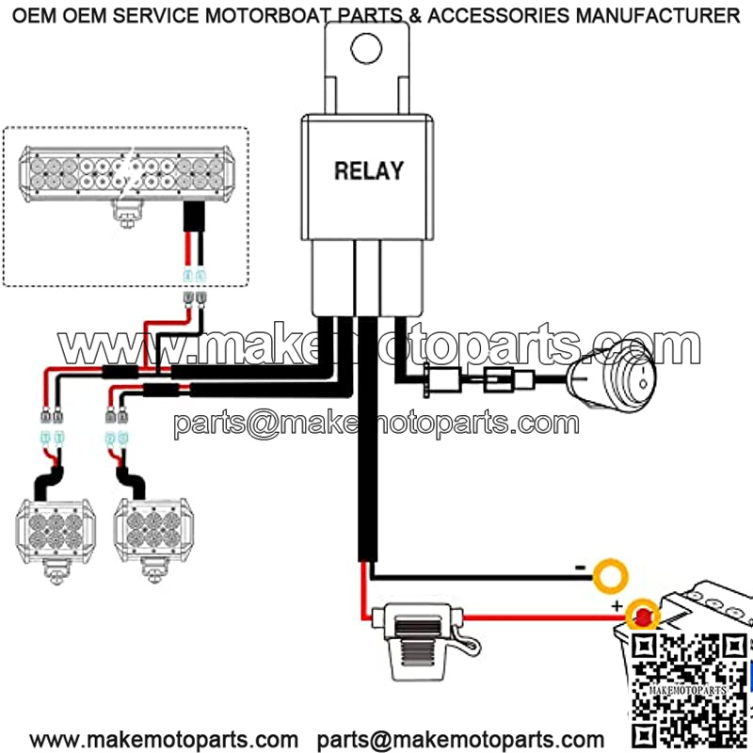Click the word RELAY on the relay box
369,171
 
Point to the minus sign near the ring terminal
582,568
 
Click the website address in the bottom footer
157,739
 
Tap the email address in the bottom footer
460,739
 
